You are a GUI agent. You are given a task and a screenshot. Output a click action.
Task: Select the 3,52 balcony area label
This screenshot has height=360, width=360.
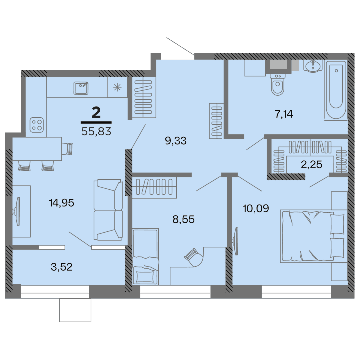(62, 266)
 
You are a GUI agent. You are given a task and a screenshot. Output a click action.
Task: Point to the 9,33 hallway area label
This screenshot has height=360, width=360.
(175, 141)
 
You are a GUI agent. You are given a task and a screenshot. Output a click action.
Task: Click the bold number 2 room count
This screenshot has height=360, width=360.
(96, 112)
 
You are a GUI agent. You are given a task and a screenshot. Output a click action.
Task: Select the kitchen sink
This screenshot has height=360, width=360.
(80, 88)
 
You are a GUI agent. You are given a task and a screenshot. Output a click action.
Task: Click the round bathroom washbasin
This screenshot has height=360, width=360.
(313, 67)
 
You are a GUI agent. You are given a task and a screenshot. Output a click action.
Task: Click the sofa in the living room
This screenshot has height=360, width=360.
(108, 210)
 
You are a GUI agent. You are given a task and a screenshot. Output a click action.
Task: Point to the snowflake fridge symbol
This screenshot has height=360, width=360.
(117, 87)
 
